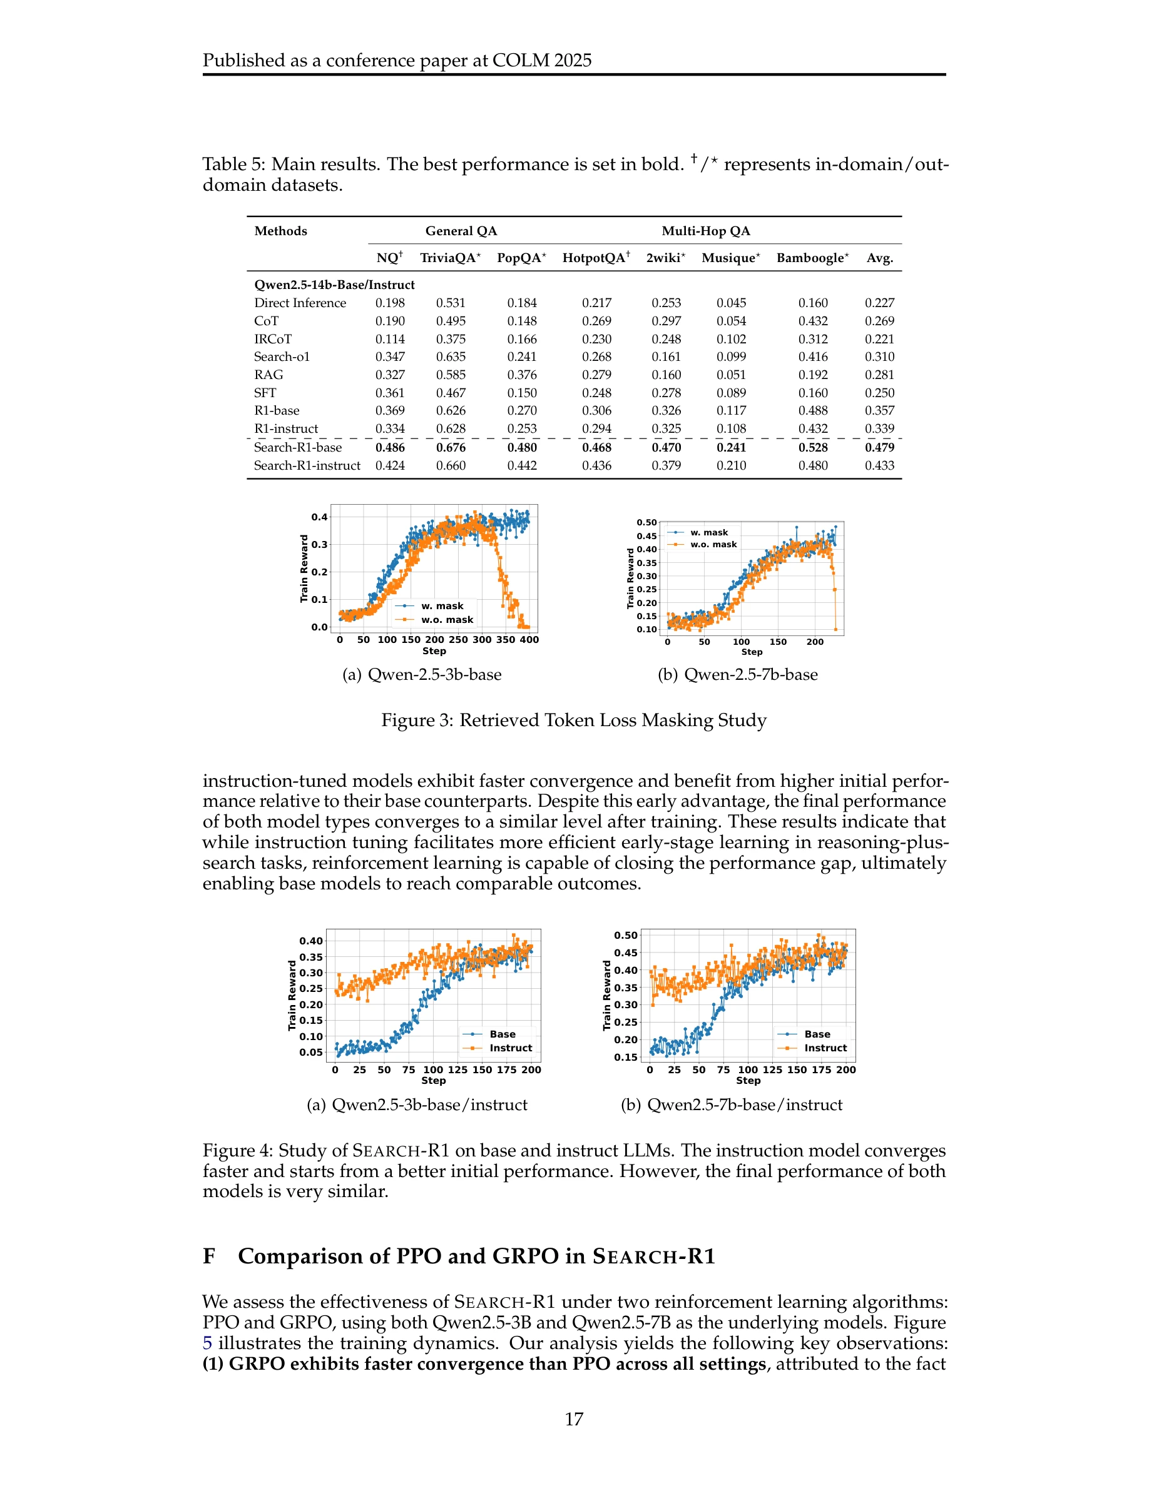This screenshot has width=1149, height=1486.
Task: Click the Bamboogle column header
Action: click(x=812, y=258)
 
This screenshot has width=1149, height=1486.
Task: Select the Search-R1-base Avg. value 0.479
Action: click(x=879, y=447)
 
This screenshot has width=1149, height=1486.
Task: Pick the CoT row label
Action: click(x=266, y=321)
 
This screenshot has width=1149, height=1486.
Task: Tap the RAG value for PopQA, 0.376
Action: click(x=521, y=375)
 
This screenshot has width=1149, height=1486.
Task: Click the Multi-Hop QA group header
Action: click(x=706, y=231)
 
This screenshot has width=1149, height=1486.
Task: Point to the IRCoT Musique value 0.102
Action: click(x=731, y=339)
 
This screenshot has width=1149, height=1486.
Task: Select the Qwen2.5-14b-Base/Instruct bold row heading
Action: click(x=334, y=285)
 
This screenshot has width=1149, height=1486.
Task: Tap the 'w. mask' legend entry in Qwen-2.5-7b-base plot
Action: click(x=708, y=533)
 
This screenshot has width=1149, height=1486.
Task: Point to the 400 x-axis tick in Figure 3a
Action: click(x=529, y=640)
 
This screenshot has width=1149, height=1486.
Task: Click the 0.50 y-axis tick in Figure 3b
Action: click(x=646, y=523)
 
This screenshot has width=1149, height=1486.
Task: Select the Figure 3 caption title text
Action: click(x=574, y=720)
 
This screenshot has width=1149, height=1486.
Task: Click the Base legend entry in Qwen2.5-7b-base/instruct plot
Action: click(x=817, y=1034)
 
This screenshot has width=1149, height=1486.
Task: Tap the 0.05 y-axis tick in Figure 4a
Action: click(x=311, y=1052)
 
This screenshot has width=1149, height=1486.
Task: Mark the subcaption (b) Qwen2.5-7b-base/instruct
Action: click(x=731, y=1105)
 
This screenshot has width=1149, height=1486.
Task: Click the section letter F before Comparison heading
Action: click(x=209, y=1256)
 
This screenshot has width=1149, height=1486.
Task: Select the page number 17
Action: click(x=574, y=1419)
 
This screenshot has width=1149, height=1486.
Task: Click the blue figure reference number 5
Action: click(x=208, y=1343)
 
